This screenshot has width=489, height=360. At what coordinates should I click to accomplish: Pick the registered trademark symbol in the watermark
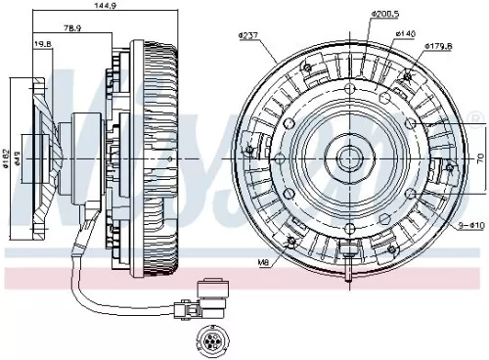coord(476,118)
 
